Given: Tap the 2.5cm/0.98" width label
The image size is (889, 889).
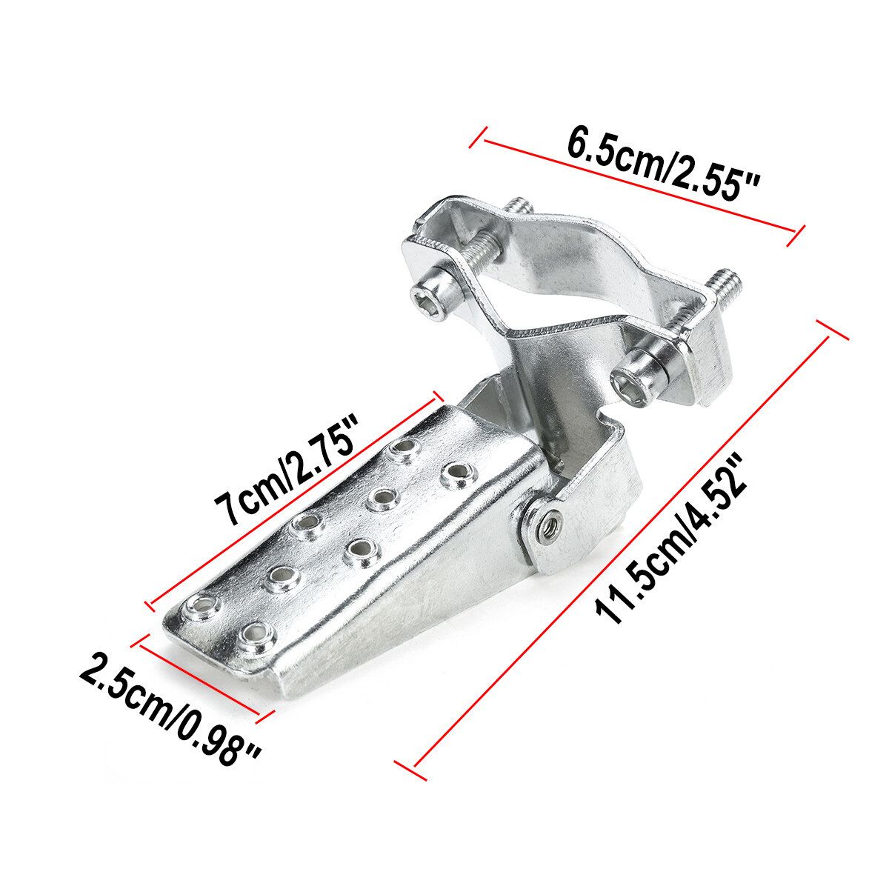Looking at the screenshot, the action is click(170, 713).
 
